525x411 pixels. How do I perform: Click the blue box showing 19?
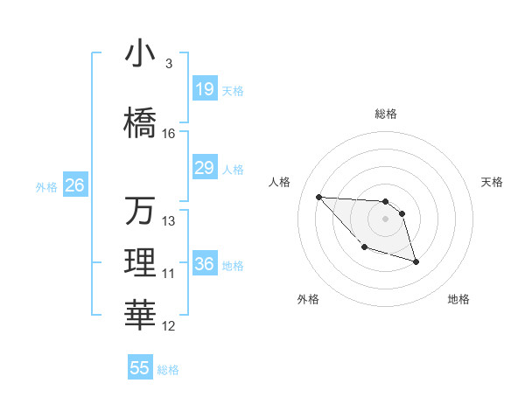(x=205, y=89)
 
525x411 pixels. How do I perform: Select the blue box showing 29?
(x=205, y=168)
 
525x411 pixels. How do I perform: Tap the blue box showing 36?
(x=205, y=264)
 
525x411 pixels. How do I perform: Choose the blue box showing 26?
(x=74, y=185)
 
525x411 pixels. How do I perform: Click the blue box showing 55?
(x=140, y=368)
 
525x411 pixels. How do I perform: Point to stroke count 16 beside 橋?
(x=169, y=134)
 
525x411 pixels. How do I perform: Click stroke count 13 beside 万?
(x=169, y=221)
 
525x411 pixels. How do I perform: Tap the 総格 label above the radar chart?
(x=386, y=114)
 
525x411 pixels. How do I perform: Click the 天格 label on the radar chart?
(x=493, y=182)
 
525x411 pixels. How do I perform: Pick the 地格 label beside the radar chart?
(x=458, y=299)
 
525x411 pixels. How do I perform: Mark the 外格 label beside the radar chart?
(x=308, y=299)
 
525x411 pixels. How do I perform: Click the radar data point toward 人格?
(x=318, y=197)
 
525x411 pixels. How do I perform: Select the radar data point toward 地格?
(x=416, y=261)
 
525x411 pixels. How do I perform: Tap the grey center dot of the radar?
(x=385, y=219)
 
